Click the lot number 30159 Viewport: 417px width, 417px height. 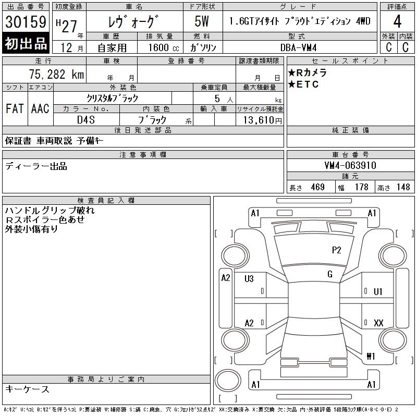click(26, 21)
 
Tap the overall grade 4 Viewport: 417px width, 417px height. click(397, 21)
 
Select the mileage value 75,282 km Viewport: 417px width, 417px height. click(56, 74)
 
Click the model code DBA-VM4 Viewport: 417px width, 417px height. click(298, 47)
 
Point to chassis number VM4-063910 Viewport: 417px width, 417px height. click(350, 165)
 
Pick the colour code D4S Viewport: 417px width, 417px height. click(86, 120)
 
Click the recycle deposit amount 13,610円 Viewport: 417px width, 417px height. click(262, 120)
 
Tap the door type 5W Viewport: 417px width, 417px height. click(202, 21)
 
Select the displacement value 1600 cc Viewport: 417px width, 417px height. click(164, 47)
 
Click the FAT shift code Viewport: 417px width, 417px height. click(15, 108)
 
